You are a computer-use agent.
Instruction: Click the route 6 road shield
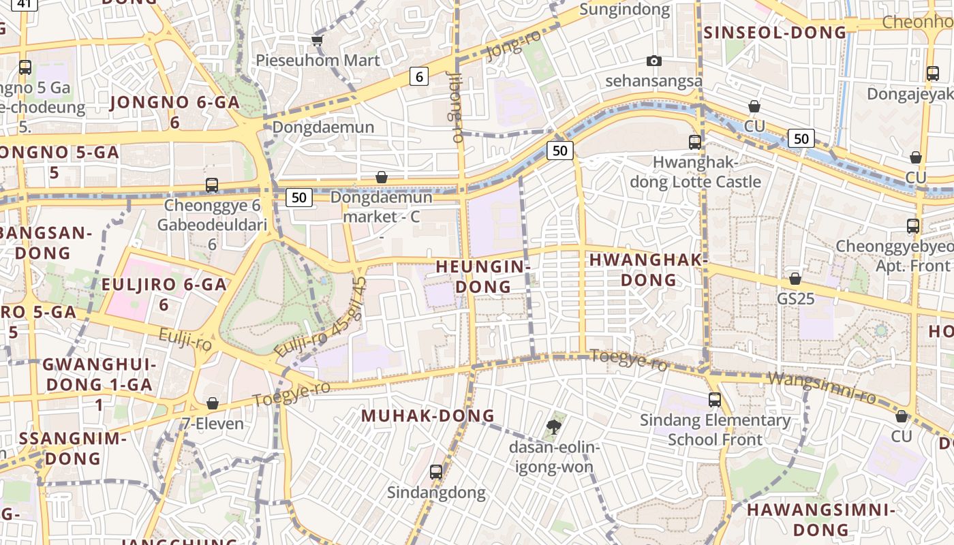(419, 76)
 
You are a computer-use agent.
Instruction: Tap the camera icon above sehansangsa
(654, 61)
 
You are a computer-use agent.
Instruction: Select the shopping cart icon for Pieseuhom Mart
(317, 41)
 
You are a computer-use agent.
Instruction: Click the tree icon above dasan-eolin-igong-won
(554, 427)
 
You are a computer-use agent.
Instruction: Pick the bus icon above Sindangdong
(436, 471)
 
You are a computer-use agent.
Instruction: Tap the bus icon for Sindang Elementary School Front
(715, 400)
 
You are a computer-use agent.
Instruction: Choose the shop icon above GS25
(795, 279)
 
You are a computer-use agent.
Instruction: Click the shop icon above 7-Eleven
(213, 404)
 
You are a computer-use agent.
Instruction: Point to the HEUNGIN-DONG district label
(483, 276)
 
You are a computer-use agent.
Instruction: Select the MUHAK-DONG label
(428, 416)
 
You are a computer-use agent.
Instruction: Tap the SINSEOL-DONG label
(775, 32)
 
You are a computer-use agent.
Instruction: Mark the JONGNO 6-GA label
(174, 112)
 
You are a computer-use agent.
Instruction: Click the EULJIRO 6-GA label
(164, 294)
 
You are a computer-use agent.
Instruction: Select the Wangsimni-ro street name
(821, 388)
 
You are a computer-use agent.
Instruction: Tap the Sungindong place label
(625, 10)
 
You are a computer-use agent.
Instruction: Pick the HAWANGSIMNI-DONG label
(820, 519)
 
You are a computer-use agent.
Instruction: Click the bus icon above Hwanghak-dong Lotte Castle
(695, 142)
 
